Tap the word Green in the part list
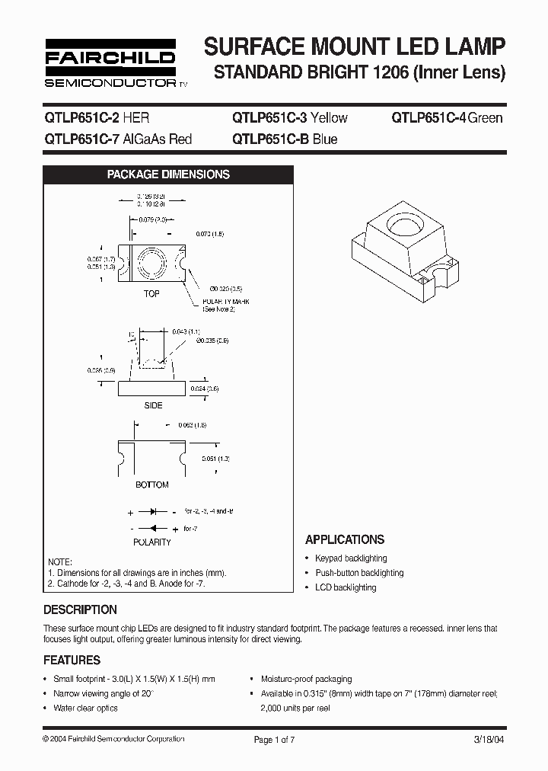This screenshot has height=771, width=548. point(486,118)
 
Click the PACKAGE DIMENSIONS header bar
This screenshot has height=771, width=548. point(168,174)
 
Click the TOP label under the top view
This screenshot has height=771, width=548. point(151,294)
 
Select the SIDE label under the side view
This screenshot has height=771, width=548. point(154,405)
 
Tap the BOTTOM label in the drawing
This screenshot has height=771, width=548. point(152,485)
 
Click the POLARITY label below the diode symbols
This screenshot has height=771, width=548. point(152,542)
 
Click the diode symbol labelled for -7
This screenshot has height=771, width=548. point(152,528)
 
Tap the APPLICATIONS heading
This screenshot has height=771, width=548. point(345,539)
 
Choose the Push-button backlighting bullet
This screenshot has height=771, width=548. point(359,573)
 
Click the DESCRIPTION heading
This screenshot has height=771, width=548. point(80,610)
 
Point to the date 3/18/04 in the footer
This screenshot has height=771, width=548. point(489,739)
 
